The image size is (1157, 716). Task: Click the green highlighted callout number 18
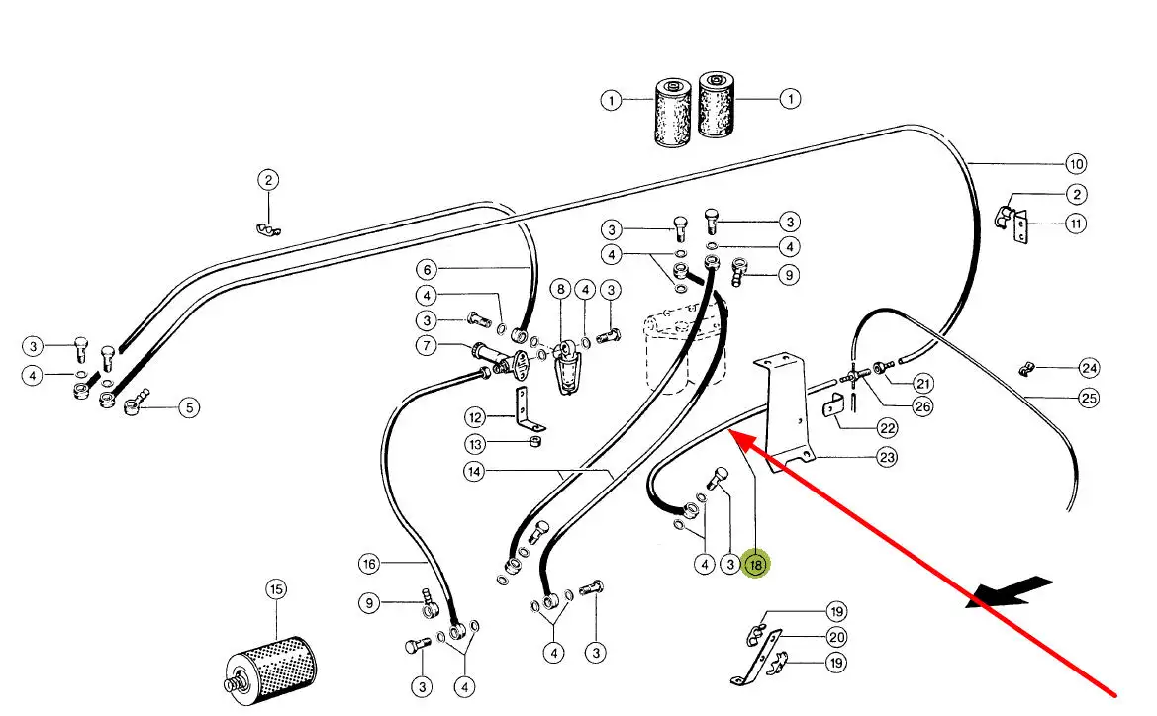pos(756,565)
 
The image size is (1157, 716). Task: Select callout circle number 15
pos(275,590)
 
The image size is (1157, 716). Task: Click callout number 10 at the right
pos(1076,164)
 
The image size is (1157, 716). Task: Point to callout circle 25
pos(1089,398)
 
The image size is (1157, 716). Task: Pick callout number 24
pos(1089,369)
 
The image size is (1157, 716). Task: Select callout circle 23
pos(887,457)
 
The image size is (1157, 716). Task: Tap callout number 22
pos(887,428)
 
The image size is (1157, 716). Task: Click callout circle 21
pos(922,384)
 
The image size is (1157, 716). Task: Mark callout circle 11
pos(1076,224)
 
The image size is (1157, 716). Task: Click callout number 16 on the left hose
pos(369,564)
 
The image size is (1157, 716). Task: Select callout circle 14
pos(474,472)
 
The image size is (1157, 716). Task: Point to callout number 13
pos(476,442)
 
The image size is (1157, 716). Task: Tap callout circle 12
pos(476,416)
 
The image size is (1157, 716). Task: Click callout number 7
pos(426,346)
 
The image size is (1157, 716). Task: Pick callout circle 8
pos(561,290)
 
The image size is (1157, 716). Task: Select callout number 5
pos(189,406)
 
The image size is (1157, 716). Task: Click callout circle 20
pos(836,638)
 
